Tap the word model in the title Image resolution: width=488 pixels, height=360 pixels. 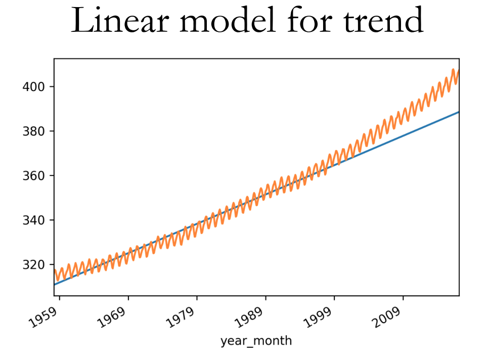228,20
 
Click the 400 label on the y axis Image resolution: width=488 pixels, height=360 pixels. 33,86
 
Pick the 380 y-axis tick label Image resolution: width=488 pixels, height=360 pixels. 33,131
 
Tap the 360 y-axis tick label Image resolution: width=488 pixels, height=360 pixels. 33,175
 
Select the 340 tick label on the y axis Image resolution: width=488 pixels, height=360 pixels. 33,220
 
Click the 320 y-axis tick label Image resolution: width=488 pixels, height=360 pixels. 33,264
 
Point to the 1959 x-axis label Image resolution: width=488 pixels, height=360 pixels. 43,318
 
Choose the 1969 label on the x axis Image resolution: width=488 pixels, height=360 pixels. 112,318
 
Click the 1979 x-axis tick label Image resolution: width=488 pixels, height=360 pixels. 181,318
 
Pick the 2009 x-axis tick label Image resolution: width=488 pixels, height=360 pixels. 387,318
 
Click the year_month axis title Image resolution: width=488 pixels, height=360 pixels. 256,341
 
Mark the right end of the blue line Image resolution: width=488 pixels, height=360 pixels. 459,112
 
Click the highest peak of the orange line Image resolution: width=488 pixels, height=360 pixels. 453,69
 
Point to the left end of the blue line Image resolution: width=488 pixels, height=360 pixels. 54,284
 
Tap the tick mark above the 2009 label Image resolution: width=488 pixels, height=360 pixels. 403,298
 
